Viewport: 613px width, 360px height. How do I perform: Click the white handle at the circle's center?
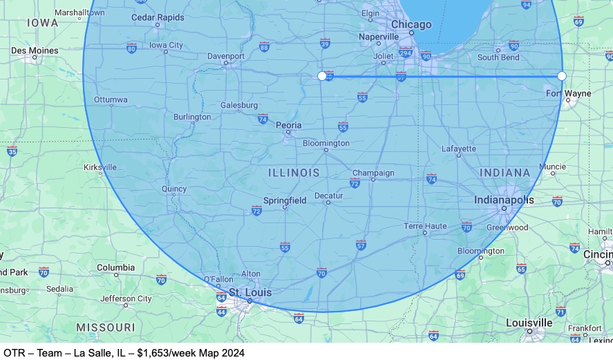(x=321, y=76)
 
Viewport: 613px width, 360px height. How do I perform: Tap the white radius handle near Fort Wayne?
(x=562, y=76)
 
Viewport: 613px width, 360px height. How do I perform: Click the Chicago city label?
(x=411, y=25)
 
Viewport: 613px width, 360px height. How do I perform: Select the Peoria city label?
(x=289, y=125)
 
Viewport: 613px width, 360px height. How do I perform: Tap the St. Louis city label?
(x=250, y=293)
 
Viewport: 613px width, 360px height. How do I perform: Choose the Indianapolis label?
(x=504, y=200)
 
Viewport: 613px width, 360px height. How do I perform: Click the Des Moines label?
(x=35, y=50)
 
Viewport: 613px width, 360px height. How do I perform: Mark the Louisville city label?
(x=529, y=323)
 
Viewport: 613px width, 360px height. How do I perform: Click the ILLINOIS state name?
(x=294, y=173)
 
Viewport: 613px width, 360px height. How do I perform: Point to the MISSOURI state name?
(x=105, y=327)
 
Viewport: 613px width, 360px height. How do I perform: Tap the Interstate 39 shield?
(x=325, y=44)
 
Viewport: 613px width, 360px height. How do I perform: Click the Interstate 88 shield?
(x=264, y=46)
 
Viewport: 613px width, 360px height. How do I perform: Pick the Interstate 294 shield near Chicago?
(x=406, y=53)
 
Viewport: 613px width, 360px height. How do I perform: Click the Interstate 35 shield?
(x=12, y=150)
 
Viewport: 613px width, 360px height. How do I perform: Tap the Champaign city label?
(x=373, y=173)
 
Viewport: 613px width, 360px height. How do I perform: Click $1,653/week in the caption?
(x=166, y=353)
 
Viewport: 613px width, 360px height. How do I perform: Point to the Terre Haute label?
(x=425, y=226)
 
